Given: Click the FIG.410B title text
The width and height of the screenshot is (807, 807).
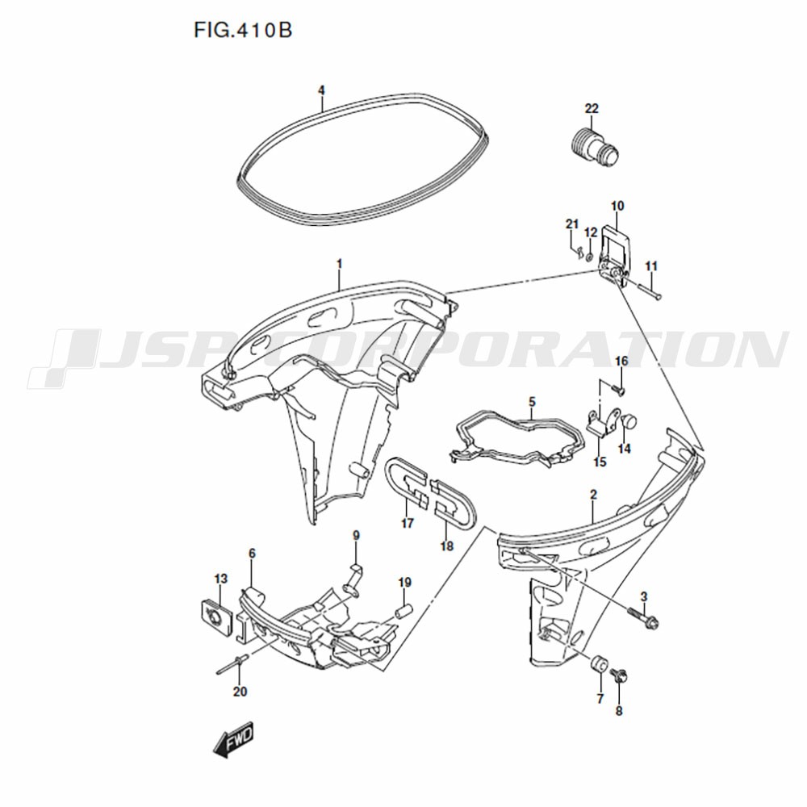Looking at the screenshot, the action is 243,31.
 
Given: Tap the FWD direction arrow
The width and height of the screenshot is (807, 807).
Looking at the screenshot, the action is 234,739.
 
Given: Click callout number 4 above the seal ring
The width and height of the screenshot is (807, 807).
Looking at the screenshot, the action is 321,90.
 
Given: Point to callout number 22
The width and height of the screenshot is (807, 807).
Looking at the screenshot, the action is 592,109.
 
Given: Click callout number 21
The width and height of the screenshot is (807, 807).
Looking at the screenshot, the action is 572,224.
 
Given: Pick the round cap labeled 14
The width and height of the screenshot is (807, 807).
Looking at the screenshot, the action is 629,423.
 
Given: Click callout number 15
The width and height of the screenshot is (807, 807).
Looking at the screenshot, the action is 600,462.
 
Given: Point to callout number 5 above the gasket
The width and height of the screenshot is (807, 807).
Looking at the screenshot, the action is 532,401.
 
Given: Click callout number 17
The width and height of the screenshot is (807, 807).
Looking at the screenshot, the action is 407,524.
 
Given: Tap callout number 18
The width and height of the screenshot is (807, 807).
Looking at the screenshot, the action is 447,546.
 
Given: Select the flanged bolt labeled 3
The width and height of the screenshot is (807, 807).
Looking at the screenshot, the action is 643,616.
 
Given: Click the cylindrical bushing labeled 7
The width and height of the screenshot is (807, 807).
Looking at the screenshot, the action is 599,664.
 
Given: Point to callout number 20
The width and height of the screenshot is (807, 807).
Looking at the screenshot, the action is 240,692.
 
